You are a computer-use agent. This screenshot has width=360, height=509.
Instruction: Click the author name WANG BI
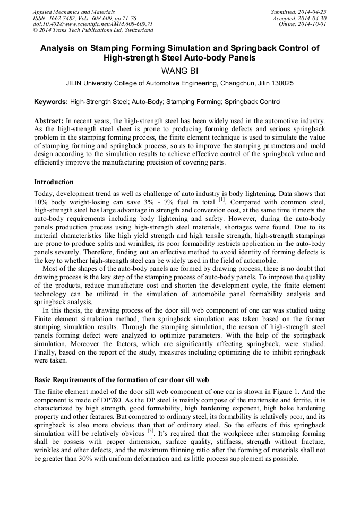[x=179, y=71]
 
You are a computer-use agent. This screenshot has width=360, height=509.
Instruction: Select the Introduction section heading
[x=54, y=182]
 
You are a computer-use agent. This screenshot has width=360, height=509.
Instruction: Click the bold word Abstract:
[x=49, y=121]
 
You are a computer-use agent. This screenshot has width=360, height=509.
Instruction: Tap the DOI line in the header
[x=92, y=24]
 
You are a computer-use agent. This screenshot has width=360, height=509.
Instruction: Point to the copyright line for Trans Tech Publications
[x=93, y=31]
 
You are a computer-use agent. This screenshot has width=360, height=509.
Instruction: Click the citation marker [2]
[x=150, y=431]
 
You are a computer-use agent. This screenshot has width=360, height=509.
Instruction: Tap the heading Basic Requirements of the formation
[x=121, y=380]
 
